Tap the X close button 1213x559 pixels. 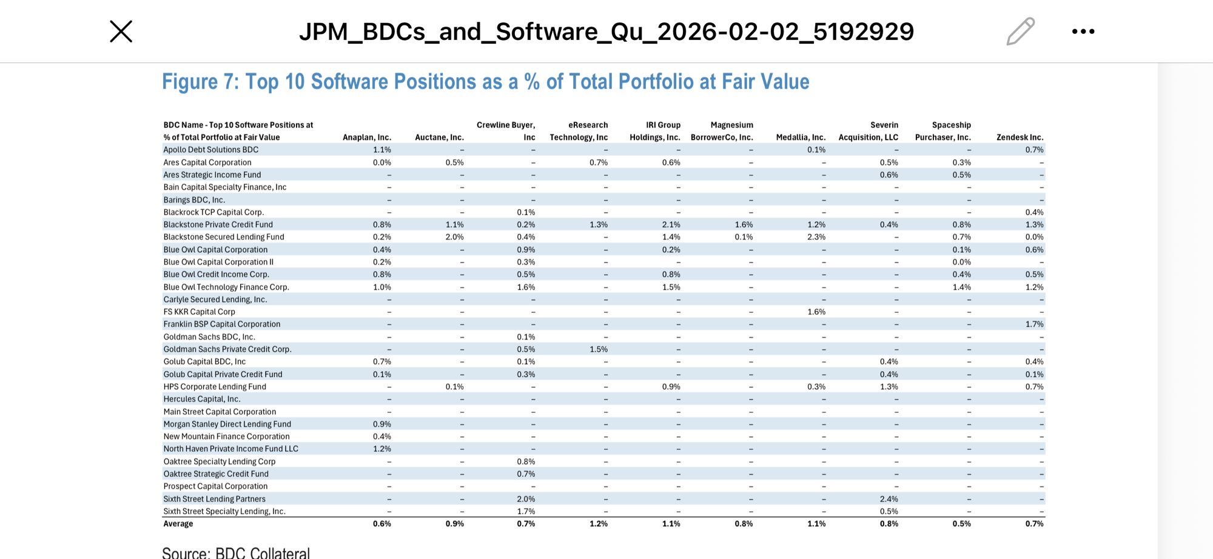coord(121,32)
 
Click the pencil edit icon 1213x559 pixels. coord(1020,32)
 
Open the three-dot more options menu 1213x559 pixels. coord(1083,32)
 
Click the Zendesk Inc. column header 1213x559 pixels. coord(1020,138)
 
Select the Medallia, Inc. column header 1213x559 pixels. coord(801,138)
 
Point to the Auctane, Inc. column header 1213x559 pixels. coord(439,138)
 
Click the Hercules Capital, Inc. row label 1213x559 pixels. coord(202,399)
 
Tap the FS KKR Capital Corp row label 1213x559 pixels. coord(199,312)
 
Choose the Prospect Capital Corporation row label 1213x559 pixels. coord(215,486)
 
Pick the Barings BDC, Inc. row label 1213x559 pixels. coord(194,200)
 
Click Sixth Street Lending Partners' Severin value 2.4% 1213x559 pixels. coord(889,499)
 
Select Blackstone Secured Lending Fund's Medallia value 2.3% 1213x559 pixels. coord(816,237)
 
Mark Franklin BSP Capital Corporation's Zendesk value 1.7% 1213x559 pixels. coord(1034,324)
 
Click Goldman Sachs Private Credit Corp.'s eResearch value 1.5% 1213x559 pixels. coord(598,349)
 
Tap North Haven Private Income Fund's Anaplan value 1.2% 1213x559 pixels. coord(381,449)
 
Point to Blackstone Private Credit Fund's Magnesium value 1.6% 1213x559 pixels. coord(744,224)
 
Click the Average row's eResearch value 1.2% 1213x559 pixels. coord(598,524)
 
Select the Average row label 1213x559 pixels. coord(178,524)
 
